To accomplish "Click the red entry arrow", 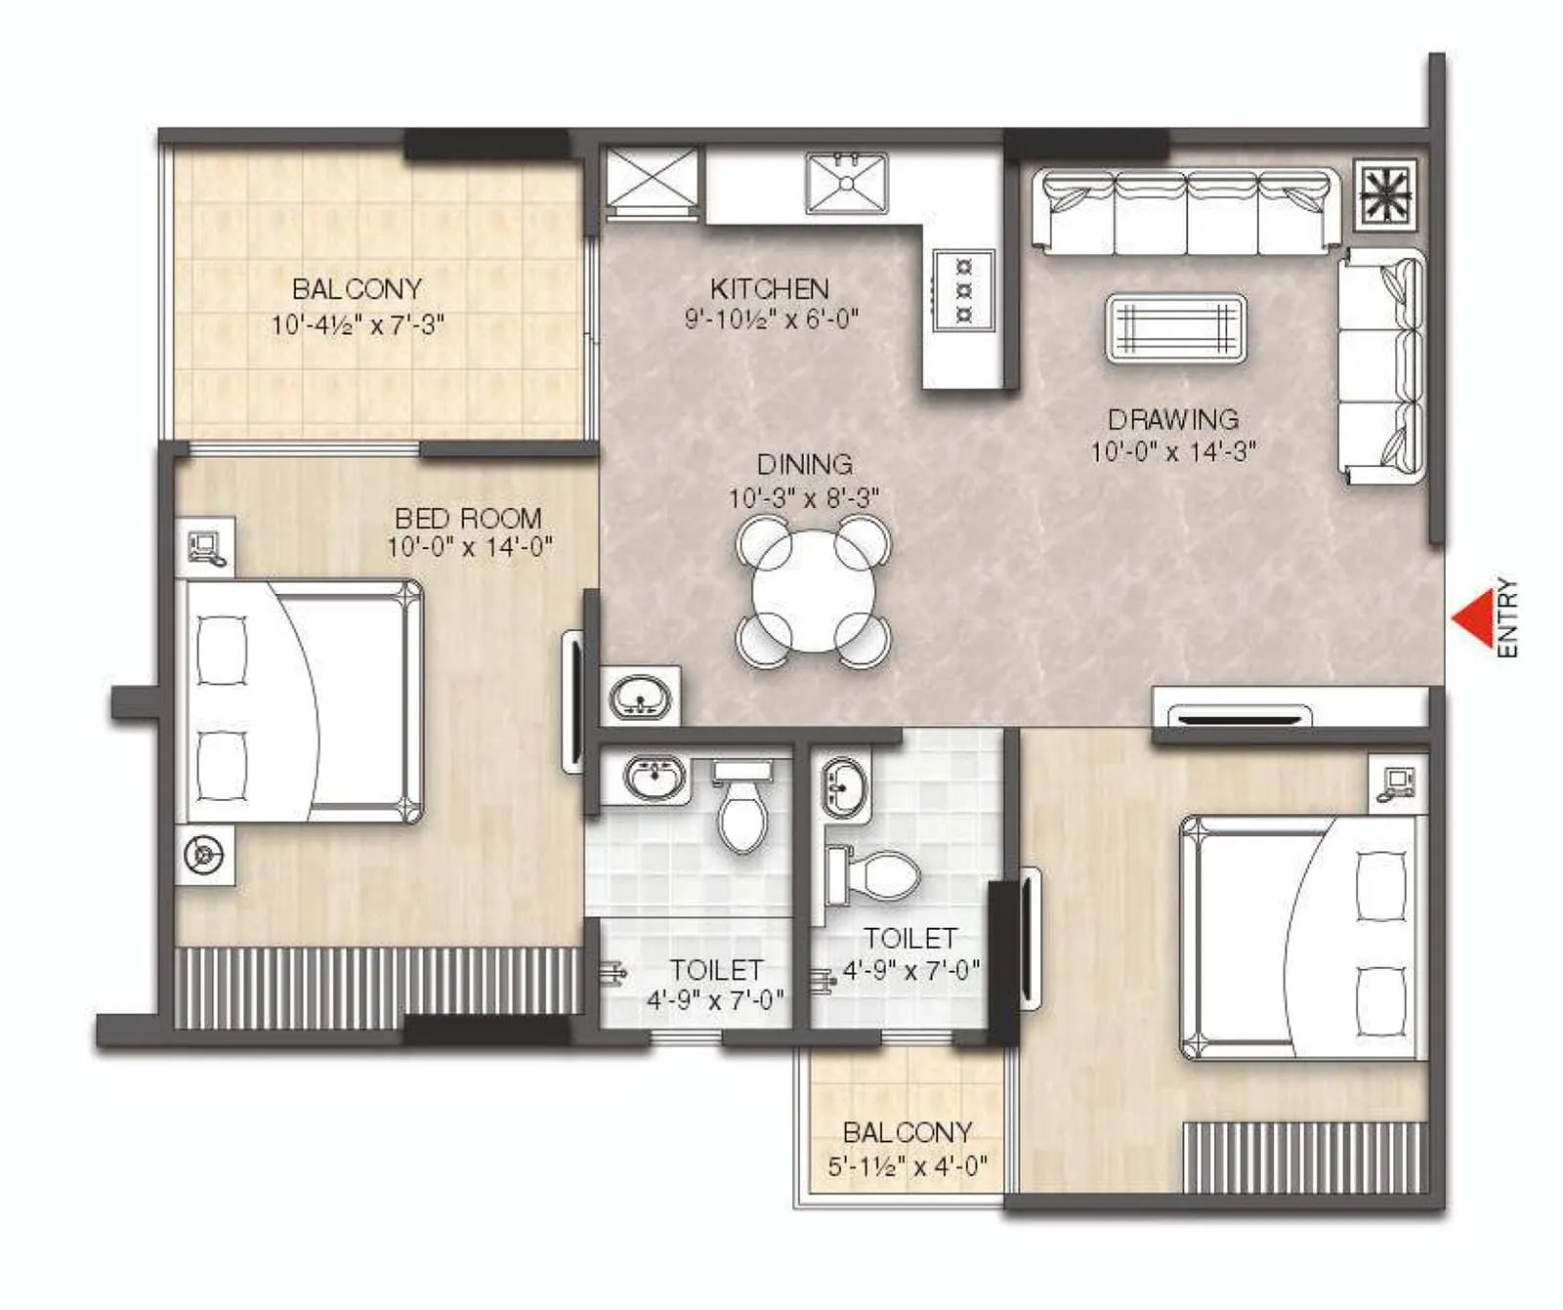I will pos(1470,617).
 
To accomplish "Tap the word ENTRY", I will pos(1507,617).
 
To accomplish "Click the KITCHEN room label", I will pos(769,289).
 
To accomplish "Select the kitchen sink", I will pos(846,183).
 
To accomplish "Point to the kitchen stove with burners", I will pos(964,290).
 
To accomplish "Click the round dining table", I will pos(813,593).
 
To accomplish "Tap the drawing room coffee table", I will pos(1175,328).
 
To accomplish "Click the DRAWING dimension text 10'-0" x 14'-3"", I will pos(1172,451).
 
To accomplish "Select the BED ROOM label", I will pos(468,518).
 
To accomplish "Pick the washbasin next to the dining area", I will pos(640,697).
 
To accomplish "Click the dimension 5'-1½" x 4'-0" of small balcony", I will pos(907,1165).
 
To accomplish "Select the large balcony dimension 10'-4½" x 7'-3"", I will pos(358,324).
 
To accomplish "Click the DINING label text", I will pos(804,464).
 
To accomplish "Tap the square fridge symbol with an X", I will pos(653,177).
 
